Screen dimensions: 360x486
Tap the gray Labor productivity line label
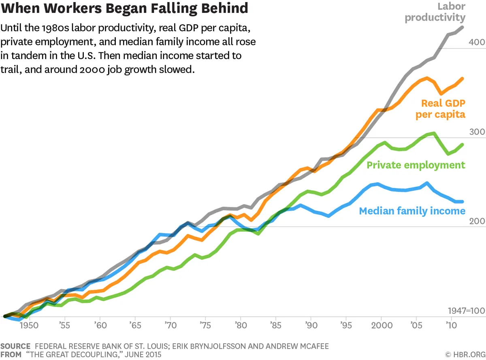coord(435,12)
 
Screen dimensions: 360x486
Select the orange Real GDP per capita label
coord(441,109)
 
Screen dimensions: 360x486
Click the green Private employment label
coord(416,165)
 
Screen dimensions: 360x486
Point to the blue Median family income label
coord(412,211)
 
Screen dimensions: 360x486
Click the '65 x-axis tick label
coord(134,325)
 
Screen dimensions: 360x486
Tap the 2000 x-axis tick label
coord(381,325)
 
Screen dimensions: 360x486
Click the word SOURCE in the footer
coord(15,346)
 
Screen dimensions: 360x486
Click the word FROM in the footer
coord(11,354)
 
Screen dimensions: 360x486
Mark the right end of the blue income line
coord(462,202)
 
